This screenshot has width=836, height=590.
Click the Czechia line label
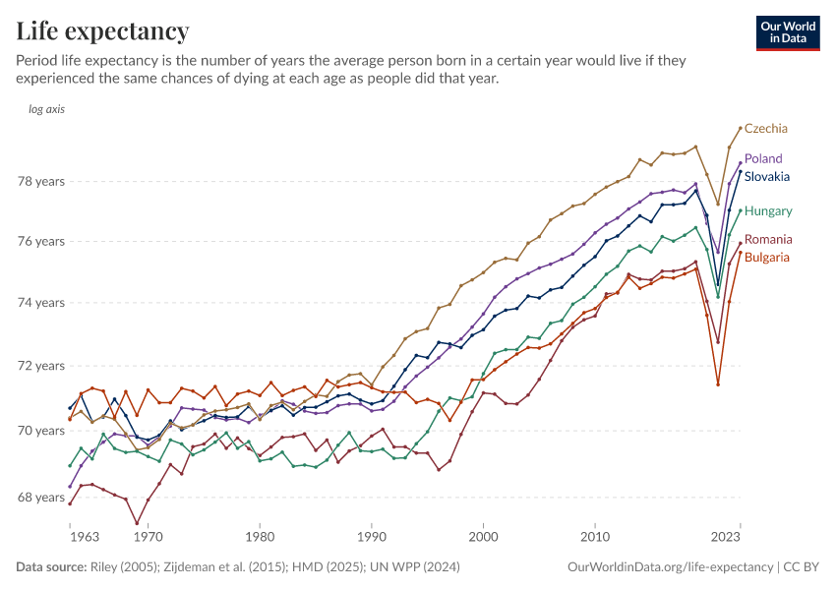pos(766,129)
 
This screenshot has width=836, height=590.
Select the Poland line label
pos(763,158)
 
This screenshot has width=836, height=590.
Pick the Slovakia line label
pos(768,177)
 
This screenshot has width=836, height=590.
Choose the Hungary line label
pos(768,210)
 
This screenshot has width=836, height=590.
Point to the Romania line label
pos(768,240)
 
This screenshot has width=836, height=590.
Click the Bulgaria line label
pos(767,258)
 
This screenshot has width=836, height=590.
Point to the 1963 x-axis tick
pos(84,537)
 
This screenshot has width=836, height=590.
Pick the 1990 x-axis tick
pos(372,537)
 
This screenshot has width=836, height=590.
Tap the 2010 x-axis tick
pos(594,537)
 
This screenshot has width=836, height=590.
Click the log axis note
pos(47,109)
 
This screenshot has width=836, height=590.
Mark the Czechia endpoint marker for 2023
pos(741,128)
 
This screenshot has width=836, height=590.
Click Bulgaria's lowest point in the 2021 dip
pos(718,384)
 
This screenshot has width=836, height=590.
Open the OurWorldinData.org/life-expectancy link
pos(670,567)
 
